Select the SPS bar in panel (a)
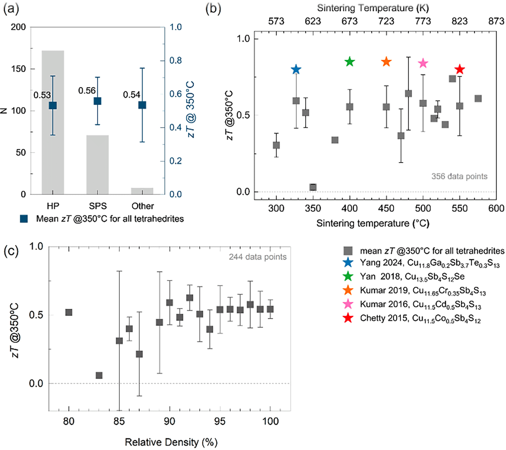98,165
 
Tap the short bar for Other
142,191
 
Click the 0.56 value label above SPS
87,90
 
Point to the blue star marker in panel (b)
296,69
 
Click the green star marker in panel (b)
350,61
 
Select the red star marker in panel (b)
460,69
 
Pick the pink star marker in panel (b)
423,63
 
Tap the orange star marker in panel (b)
386,61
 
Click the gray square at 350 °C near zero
313,187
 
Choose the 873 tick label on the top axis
496,21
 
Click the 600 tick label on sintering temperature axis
496,208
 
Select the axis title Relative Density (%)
171,442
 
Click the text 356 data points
459,176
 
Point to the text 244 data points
258,257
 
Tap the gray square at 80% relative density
69,312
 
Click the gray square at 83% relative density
99,375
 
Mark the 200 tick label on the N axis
18,27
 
